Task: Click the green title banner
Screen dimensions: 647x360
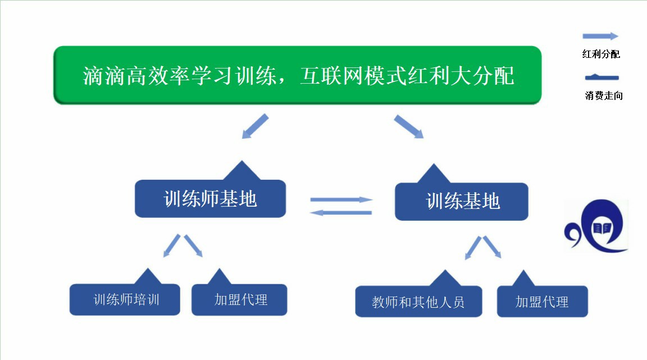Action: pos(297,75)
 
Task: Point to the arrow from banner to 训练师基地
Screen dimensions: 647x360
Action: pos(255,126)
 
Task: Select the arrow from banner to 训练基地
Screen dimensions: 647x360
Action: pos(409,126)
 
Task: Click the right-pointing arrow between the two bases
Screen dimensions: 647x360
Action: pos(341,200)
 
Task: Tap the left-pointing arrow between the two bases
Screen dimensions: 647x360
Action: pos(341,213)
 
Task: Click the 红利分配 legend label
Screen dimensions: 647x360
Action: pos(601,54)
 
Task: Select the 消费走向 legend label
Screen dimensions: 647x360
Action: pos(604,96)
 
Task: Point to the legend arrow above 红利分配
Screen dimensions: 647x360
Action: pos(600,37)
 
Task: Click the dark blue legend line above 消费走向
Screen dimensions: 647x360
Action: pos(602,77)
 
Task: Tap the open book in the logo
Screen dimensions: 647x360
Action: pos(602,228)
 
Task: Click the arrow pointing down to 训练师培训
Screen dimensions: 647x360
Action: pos(172,245)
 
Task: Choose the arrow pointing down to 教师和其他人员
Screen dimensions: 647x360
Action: pos(473,248)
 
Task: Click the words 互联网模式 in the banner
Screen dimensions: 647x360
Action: pos(353,76)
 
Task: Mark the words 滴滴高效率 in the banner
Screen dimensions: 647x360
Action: pos(135,76)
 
